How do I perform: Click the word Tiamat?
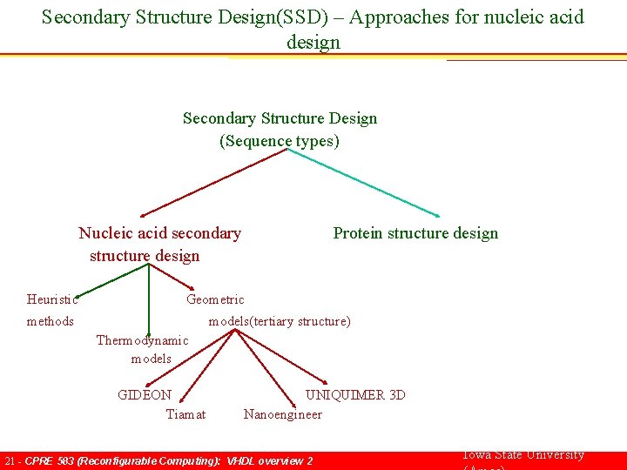(185, 414)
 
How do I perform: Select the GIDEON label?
(145, 394)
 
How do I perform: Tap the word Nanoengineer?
(282, 414)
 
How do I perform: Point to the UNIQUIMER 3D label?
(355, 394)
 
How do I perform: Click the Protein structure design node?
(415, 233)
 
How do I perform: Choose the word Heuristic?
(52, 299)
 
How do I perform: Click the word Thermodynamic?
(142, 340)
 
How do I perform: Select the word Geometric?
(215, 299)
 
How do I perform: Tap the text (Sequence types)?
(279, 141)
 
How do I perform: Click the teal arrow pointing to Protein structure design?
(366, 183)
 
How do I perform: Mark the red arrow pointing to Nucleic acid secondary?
(213, 183)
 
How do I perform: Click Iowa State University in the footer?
(522, 455)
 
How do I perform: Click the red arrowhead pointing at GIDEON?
(151, 383)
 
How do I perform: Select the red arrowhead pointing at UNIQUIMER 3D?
(320, 383)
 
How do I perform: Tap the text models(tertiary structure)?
(279, 321)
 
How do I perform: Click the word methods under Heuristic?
(50, 321)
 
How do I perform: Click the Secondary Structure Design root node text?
(280, 118)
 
